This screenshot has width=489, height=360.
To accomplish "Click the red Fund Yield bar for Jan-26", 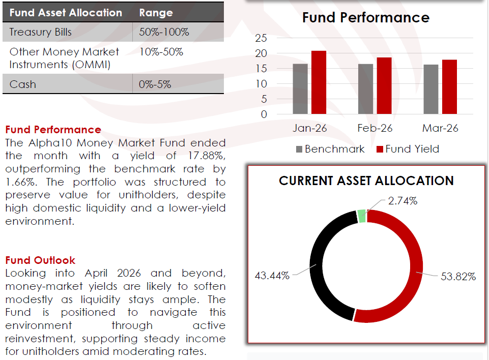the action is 319,82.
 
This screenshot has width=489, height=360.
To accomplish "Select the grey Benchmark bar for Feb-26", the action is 365,89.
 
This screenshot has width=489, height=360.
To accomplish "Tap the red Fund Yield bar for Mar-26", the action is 449,86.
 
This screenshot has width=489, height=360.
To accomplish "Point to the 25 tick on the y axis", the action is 261,38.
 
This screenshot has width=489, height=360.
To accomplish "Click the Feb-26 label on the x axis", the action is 375,128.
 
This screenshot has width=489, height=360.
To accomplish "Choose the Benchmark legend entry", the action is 330,149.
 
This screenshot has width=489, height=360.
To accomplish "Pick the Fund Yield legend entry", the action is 408,149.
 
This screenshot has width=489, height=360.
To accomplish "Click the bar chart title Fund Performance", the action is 366,17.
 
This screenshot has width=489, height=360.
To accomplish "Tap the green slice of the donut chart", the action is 362,216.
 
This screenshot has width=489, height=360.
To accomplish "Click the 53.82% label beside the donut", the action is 458,277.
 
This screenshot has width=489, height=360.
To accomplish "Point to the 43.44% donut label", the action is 272,276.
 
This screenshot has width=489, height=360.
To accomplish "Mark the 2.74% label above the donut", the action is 402,201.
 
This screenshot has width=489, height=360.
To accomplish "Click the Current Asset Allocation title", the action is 366,181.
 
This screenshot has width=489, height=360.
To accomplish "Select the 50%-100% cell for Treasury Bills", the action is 164,32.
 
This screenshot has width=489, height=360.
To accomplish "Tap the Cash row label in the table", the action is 23,84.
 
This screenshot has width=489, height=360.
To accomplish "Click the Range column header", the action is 156,13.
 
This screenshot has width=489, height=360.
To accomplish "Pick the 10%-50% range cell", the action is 161,52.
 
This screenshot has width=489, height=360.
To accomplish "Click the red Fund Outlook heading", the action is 40,260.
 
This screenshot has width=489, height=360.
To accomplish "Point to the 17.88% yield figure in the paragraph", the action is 207,156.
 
